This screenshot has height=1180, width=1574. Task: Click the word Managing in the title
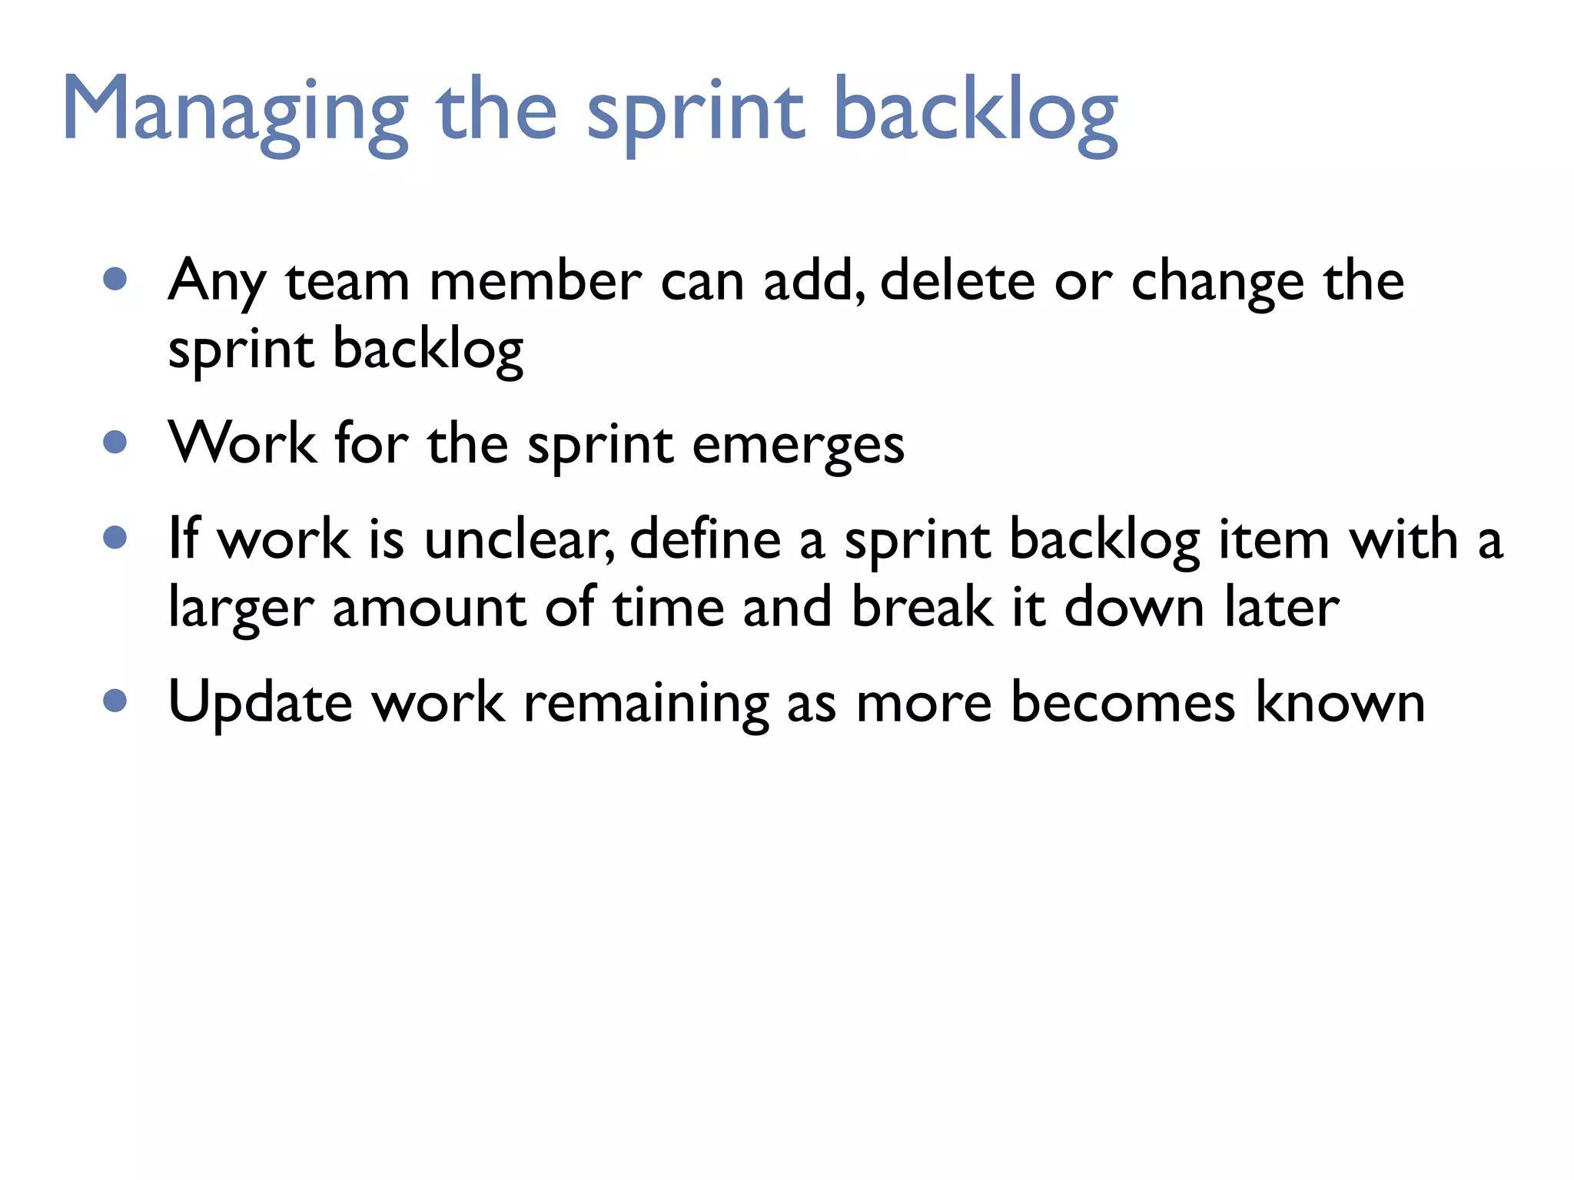(234, 111)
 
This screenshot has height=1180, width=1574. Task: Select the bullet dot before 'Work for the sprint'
(115, 442)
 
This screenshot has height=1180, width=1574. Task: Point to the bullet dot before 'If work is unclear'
(115, 537)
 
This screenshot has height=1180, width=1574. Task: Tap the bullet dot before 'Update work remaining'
(115, 700)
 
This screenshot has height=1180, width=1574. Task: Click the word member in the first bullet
(535, 281)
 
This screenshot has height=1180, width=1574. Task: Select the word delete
(957, 281)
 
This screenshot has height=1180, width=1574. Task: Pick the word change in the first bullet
(1217, 283)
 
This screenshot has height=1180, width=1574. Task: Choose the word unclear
(520, 539)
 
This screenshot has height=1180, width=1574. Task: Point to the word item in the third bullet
(1274, 539)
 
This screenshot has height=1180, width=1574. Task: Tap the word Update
(260, 703)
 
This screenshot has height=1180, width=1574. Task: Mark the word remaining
(646, 703)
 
